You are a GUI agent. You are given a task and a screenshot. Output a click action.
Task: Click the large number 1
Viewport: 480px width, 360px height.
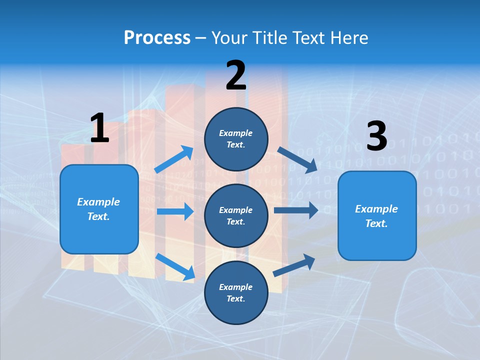tap(99, 128)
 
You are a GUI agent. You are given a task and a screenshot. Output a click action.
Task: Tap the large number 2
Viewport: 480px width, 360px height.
tap(236, 75)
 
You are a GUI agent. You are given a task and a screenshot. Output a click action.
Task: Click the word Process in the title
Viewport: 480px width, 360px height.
tap(157, 37)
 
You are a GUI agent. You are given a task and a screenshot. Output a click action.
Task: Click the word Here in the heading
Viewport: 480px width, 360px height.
tap(349, 37)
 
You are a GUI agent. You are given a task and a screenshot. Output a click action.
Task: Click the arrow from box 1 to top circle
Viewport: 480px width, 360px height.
tap(174, 159)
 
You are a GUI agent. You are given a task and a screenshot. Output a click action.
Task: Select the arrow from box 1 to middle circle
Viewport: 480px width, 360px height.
tap(175, 211)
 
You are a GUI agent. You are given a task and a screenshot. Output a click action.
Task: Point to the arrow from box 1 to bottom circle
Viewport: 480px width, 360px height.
tap(175, 266)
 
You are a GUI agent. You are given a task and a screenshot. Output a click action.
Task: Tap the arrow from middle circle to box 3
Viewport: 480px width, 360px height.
tap(296, 210)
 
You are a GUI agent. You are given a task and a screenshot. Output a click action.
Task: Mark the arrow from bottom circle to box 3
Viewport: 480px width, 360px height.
tap(294, 265)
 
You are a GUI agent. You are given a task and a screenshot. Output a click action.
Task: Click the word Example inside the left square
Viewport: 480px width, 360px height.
tap(98, 202)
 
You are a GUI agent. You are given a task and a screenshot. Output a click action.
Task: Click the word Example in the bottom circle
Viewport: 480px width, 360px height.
tap(235, 287)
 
